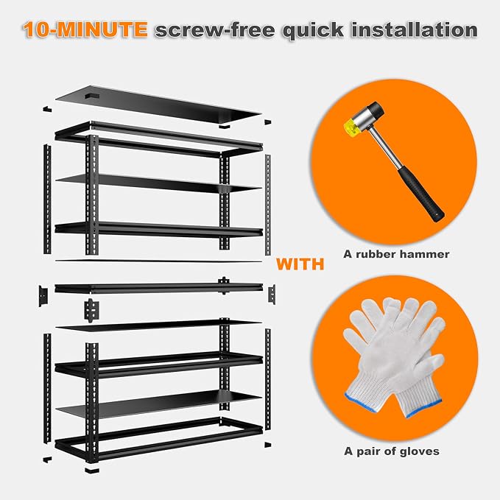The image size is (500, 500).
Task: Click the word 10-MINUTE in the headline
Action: [85, 29]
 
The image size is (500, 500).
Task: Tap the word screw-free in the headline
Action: [214, 30]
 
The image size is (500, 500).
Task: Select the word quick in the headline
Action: [313, 31]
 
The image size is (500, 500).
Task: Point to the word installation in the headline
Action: [415, 29]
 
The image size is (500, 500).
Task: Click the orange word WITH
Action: [300, 264]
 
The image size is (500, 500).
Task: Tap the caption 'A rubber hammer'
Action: [396, 254]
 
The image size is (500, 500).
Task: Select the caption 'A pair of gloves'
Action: [392, 451]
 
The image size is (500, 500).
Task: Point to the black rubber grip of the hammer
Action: [421, 193]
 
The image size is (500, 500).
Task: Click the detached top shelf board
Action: [158, 104]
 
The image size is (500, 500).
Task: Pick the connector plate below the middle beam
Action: [91, 310]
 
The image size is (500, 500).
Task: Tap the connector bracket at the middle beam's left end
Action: [43, 295]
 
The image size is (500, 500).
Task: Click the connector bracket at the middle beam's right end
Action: [272, 295]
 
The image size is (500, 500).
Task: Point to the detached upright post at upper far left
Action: [47, 199]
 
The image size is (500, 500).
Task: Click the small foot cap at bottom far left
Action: [47, 459]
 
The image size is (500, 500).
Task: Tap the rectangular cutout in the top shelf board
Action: [92, 96]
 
